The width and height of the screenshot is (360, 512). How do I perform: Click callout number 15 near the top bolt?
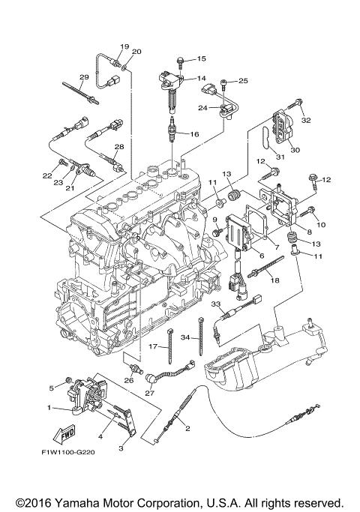click(x=201, y=58)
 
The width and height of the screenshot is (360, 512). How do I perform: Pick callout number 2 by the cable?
click(x=187, y=429)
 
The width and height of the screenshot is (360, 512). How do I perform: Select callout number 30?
click(x=295, y=150)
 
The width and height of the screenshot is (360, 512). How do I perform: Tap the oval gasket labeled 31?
click(x=264, y=142)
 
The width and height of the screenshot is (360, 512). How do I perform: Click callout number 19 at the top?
click(x=124, y=46)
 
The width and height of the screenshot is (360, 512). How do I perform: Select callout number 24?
click(x=202, y=107)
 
